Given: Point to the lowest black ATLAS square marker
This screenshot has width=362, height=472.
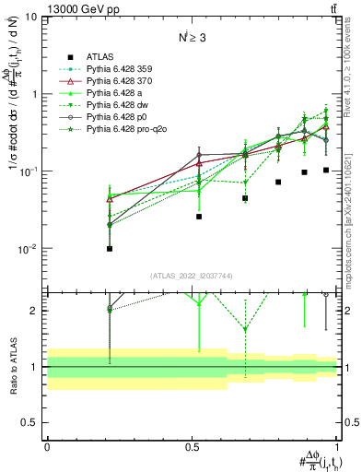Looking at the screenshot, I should (x=110, y=248).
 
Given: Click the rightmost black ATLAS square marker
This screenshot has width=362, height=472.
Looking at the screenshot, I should (x=326, y=170).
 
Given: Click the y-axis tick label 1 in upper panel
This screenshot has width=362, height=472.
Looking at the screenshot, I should (x=34, y=94).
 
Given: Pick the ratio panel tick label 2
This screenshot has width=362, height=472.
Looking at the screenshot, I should (x=35, y=311).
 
